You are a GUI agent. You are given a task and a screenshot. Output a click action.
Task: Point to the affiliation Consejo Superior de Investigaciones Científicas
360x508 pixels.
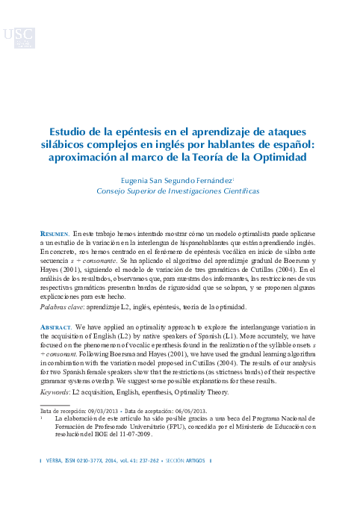click(x=179, y=191)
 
